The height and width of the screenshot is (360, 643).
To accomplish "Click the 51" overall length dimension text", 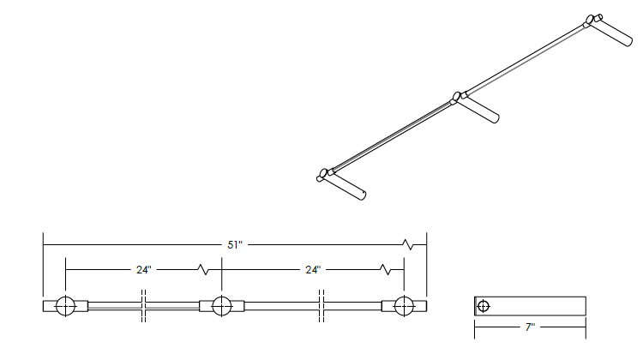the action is coord(235,245).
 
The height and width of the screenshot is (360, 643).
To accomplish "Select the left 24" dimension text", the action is coord(144,269).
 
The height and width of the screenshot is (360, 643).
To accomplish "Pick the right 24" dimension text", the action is coord(313,269).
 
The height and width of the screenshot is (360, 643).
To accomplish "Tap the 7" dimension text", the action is coord(530,327).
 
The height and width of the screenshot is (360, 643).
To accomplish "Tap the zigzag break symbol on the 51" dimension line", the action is coord(408,245).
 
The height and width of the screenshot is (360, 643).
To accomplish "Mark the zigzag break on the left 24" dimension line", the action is coord(204,269).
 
